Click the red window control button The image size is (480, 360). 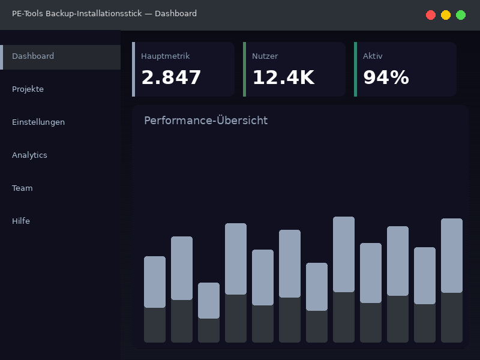[431, 15]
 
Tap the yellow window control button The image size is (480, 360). [446, 15]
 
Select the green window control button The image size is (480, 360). [461, 15]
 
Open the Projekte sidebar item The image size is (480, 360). [28, 89]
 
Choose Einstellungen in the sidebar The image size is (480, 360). [38, 122]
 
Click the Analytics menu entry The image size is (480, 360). [29, 155]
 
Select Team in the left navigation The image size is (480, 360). [22, 188]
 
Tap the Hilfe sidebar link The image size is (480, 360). [21, 221]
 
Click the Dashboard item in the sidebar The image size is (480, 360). [33, 56]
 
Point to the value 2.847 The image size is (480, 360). [171, 78]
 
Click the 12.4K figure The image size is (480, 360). [283, 78]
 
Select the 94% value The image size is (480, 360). [386, 78]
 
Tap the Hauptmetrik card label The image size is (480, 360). [165, 56]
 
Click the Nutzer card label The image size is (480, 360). [265, 56]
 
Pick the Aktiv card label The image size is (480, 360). [373, 56]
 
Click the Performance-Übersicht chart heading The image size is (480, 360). [206, 121]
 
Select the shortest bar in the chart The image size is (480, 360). [209, 312]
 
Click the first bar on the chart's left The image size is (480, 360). [155, 299]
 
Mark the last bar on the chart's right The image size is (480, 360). [452, 280]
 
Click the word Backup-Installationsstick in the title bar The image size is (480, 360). [94, 14]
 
